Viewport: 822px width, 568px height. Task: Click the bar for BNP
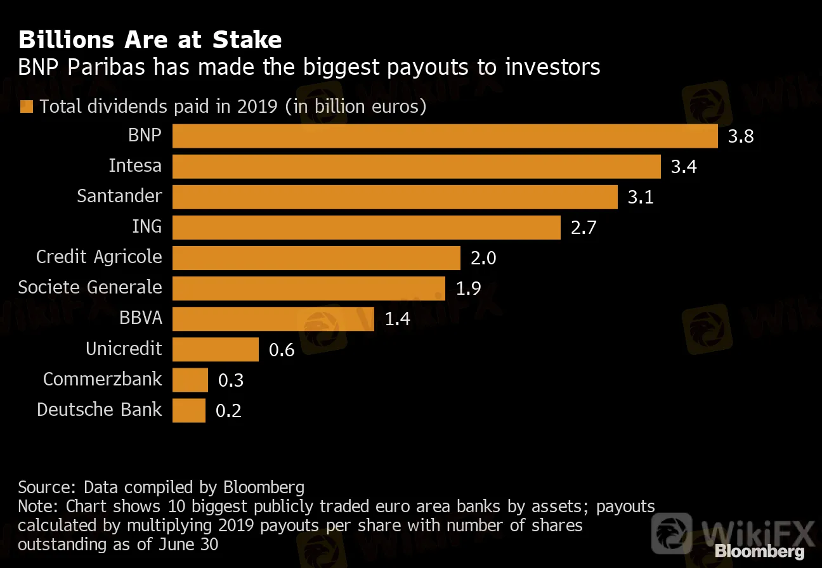coord(444,136)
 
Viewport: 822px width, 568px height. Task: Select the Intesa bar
coord(416,167)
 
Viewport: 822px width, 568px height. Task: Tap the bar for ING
coord(366,228)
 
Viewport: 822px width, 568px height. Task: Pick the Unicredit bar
coord(215,349)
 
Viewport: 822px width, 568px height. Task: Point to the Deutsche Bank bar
coord(188,410)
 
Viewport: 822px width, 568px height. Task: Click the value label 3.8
coord(741,136)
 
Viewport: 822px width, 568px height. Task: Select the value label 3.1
coord(641,197)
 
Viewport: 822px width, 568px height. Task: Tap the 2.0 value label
coord(483,258)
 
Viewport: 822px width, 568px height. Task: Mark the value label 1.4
coord(398,319)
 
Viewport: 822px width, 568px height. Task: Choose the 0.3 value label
coord(231,380)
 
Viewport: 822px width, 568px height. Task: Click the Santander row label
coord(119,196)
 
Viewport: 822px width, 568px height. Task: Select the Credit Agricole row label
coord(99,257)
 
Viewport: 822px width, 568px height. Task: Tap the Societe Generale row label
coord(90,287)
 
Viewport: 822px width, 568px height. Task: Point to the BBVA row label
coord(140,318)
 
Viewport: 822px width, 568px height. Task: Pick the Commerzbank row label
coord(103,378)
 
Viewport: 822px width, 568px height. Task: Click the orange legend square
coord(27,106)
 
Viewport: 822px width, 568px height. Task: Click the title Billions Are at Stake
coord(150,40)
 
